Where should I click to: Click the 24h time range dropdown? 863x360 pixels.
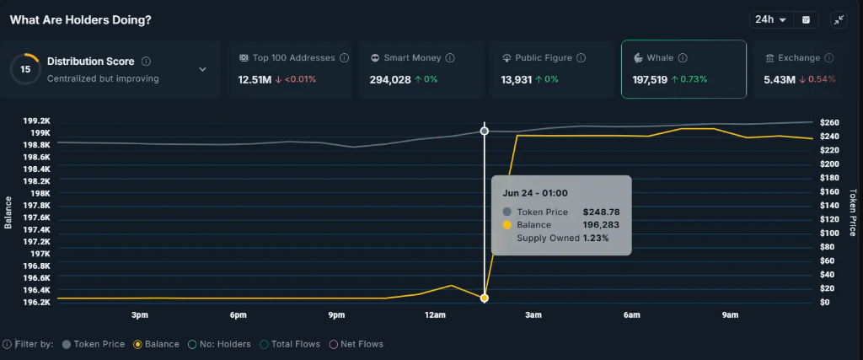770,19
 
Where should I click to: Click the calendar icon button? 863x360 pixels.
806,19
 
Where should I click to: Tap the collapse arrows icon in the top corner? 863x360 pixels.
839,19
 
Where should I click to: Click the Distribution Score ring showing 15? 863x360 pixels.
26,69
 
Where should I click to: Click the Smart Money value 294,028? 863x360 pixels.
390,79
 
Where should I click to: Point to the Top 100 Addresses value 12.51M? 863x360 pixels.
255,79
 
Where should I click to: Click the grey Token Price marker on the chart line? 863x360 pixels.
485,131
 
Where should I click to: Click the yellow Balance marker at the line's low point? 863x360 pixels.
485,298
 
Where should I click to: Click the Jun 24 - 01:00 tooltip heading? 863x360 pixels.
535,193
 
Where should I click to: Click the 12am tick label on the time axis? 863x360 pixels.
435,315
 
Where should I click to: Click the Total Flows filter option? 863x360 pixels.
293,344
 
